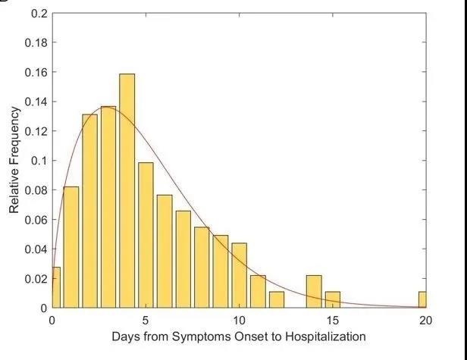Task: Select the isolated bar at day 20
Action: pyautogui.click(x=423, y=300)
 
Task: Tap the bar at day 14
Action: pyautogui.click(x=314, y=292)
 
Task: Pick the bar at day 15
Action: pyautogui.click(x=333, y=300)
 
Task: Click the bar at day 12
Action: pyautogui.click(x=277, y=300)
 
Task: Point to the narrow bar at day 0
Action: pyautogui.click(x=55, y=288)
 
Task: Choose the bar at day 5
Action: pyautogui.click(x=146, y=235)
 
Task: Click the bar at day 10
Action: pyautogui.click(x=240, y=276)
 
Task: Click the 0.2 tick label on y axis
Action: pyautogui.click(x=38, y=14)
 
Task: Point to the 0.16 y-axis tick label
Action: pyautogui.click(x=35, y=73)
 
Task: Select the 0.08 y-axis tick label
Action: pyautogui.click(x=35, y=190)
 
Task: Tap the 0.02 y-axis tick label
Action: pyautogui.click(x=35, y=279)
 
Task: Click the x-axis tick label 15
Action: pyautogui.click(x=333, y=321)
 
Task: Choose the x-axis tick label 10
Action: pyautogui.click(x=240, y=321)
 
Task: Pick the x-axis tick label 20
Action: pyautogui.click(x=426, y=321)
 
